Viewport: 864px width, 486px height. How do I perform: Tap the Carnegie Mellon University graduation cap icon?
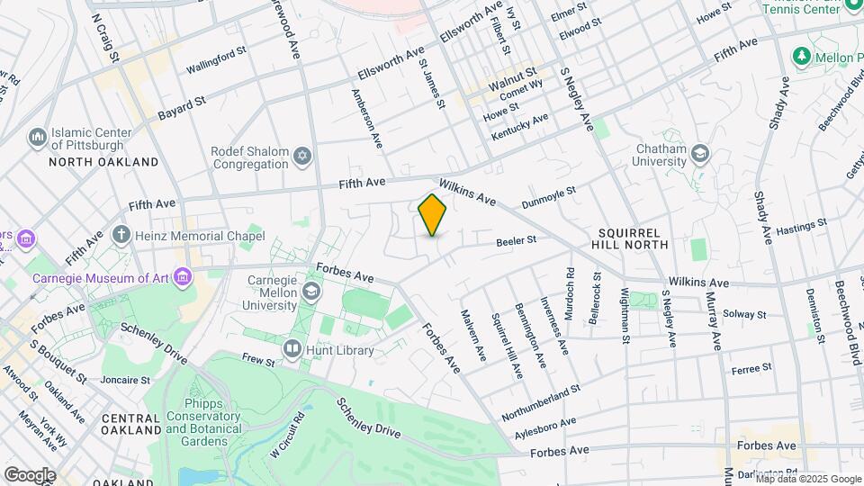(x=310, y=291)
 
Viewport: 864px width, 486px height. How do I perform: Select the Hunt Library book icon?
(x=292, y=348)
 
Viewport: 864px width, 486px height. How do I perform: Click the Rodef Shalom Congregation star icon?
(x=302, y=157)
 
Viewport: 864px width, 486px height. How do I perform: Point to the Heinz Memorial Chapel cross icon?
(x=122, y=236)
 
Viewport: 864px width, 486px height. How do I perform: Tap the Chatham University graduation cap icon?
(x=698, y=155)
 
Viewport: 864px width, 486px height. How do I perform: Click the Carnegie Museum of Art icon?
(x=184, y=276)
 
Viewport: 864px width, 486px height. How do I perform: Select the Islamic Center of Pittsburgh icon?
(x=38, y=138)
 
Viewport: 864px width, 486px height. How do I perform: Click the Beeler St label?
(x=517, y=240)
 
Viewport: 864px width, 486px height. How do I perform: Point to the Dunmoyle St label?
(x=548, y=195)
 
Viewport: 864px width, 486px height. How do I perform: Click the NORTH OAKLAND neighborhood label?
(x=103, y=162)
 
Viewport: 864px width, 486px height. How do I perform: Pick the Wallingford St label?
(x=216, y=61)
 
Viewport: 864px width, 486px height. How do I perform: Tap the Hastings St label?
(x=801, y=227)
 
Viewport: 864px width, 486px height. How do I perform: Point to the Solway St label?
(x=746, y=315)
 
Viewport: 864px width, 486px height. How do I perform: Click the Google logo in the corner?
(x=30, y=474)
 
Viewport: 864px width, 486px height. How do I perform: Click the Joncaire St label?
(x=123, y=381)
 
